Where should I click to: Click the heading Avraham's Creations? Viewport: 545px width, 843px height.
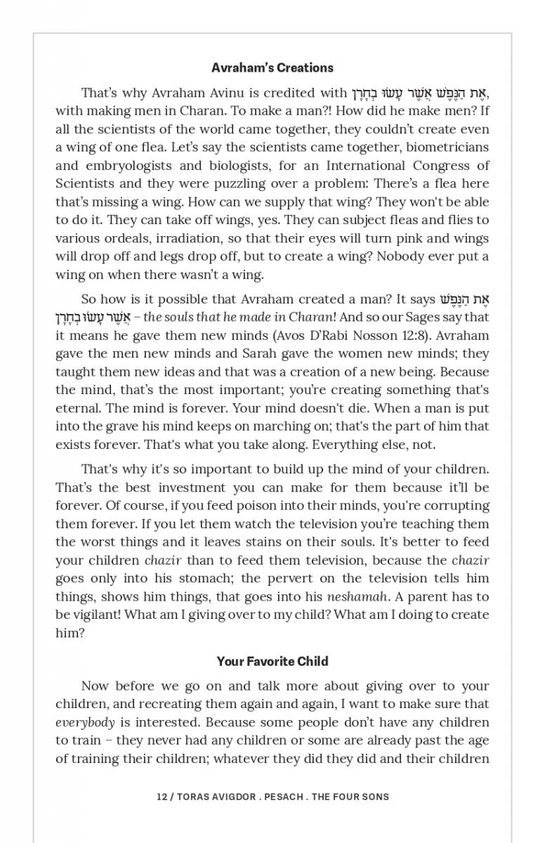[272, 68]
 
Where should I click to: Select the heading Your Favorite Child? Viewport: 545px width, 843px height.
[272, 661]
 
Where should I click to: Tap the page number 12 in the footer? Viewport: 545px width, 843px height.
[162, 797]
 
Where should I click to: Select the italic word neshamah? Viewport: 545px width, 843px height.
[357, 596]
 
